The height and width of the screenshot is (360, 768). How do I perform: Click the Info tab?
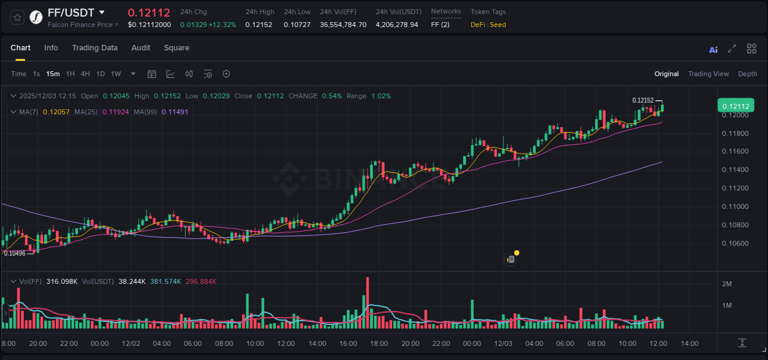[x=51, y=48]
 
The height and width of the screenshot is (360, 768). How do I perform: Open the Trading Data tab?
[x=95, y=48]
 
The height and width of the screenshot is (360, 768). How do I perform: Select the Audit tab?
[x=141, y=48]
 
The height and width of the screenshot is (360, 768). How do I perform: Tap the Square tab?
[x=176, y=48]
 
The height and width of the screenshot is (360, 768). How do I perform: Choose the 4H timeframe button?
[x=85, y=74]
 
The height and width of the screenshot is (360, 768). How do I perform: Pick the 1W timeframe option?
[x=116, y=74]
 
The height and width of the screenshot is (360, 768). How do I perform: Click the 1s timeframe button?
[x=36, y=74]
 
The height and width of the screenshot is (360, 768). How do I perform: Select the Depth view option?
[x=748, y=74]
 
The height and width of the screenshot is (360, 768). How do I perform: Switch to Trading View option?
[x=708, y=74]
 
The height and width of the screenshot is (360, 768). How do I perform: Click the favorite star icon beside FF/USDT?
[x=18, y=17]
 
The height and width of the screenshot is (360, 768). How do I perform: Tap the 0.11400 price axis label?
[x=735, y=170]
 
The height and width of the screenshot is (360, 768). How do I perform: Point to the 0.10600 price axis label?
[x=735, y=243]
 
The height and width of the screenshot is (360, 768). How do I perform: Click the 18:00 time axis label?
[x=379, y=343]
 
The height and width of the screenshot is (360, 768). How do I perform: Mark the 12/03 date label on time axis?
[x=503, y=343]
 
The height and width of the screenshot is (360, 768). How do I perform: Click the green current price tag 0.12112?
[x=735, y=106]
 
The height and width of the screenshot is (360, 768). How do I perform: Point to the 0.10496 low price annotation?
[x=15, y=253]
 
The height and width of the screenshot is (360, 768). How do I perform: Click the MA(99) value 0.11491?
[x=174, y=112]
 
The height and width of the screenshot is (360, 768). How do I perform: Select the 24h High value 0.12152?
[x=259, y=25]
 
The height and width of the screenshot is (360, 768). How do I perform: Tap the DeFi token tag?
[x=477, y=25]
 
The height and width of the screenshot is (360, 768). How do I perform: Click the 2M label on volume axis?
[x=727, y=284]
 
